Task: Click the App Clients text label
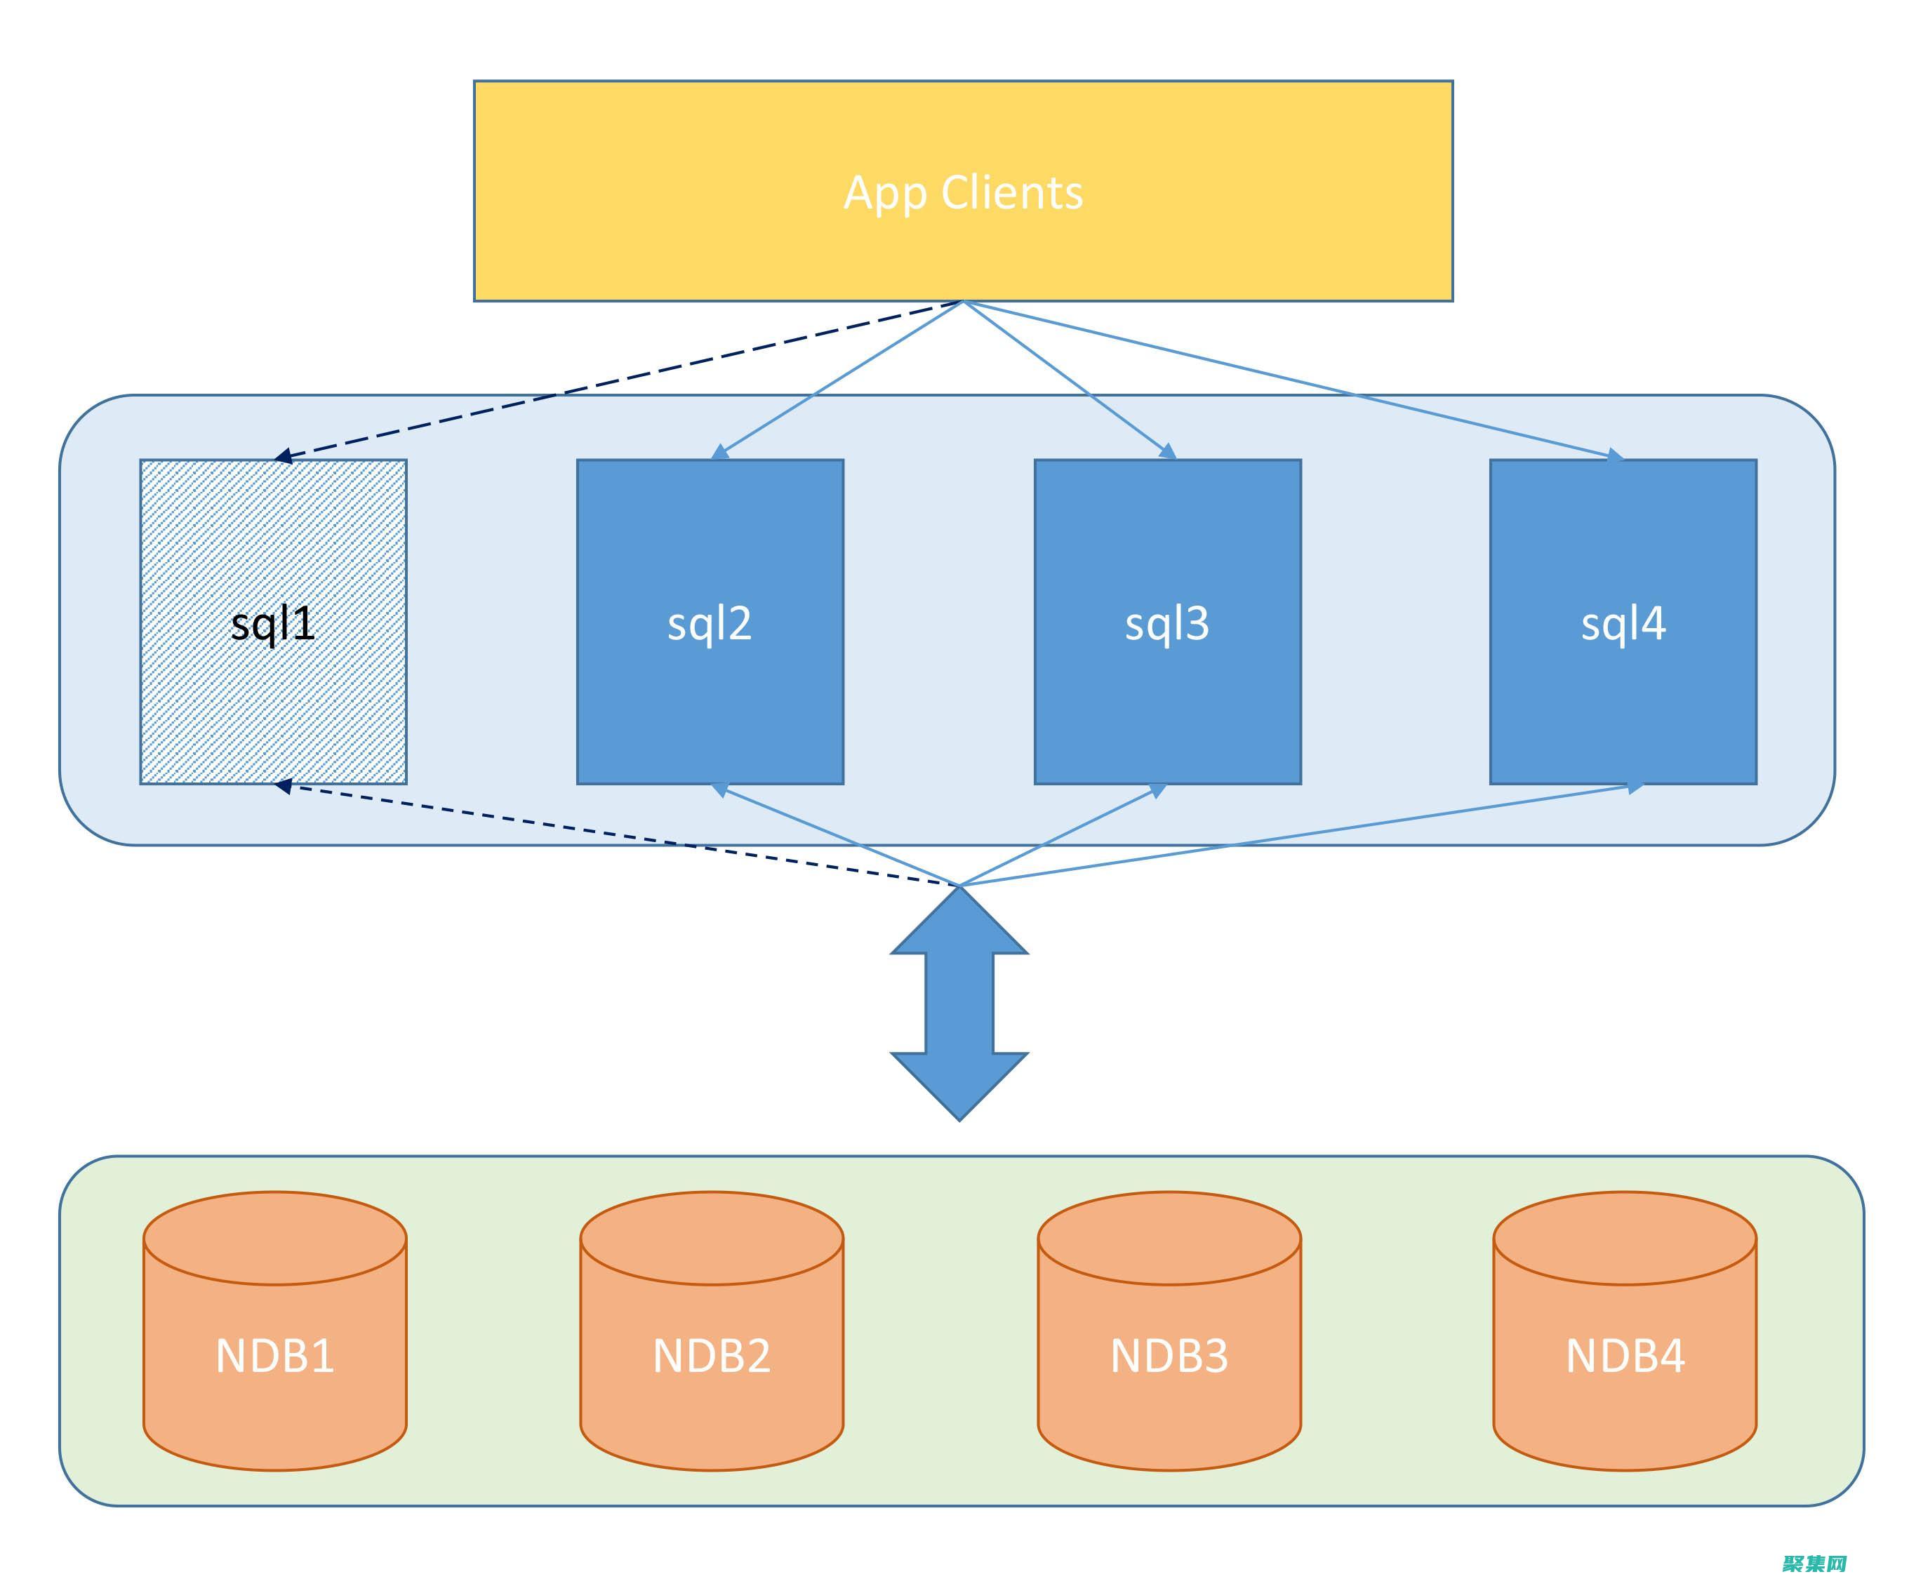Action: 963,193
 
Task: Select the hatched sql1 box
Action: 273,691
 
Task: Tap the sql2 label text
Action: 709,624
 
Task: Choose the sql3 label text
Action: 1167,624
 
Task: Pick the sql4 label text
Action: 1623,624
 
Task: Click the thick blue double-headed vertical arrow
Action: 959,1004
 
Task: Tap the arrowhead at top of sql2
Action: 720,452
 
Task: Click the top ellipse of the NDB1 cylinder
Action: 274,1237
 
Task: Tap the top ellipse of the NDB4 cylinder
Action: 1625,1237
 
